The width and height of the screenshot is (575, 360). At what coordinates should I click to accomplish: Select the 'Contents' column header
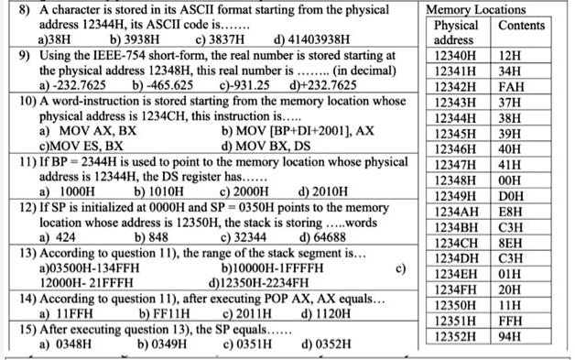tap(520, 25)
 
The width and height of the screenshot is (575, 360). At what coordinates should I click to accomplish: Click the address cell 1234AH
tap(456, 211)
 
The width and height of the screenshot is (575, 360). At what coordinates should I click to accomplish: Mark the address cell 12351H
tap(455, 321)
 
